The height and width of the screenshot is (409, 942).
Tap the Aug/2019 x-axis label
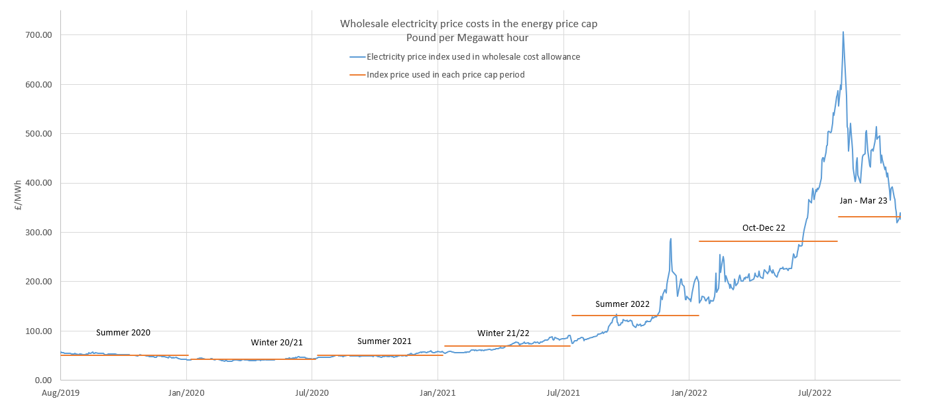pyautogui.click(x=60, y=393)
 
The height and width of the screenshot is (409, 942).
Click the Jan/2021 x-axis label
pyautogui.click(x=438, y=393)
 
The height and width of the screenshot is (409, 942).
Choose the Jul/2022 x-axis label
pyautogui.click(x=815, y=393)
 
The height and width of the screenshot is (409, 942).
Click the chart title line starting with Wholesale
pyautogui.click(x=468, y=24)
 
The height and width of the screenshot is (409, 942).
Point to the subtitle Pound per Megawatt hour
pyautogui.click(x=467, y=38)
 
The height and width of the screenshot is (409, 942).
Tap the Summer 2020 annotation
pyautogui.click(x=123, y=333)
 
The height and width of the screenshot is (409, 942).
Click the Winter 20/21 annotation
pyautogui.click(x=276, y=343)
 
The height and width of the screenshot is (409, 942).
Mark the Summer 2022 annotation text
pyautogui.click(x=622, y=304)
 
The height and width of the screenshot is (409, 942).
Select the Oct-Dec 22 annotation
pyautogui.click(x=763, y=227)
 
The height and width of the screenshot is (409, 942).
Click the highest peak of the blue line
pyautogui.click(x=843, y=32)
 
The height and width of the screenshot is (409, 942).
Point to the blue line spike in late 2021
pyautogui.click(x=670, y=239)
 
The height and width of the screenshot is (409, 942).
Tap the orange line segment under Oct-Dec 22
pyautogui.click(x=768, y=241)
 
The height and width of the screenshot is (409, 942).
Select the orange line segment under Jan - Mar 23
pyautogui.click(x=868, y=217)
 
